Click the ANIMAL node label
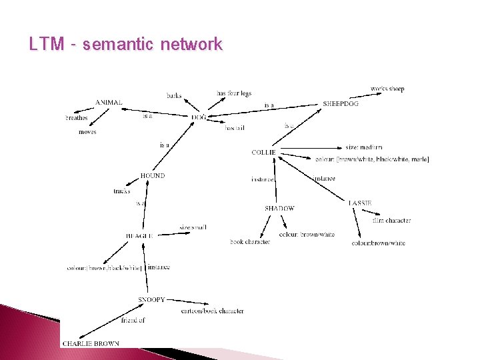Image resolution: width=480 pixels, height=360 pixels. coord(109,102)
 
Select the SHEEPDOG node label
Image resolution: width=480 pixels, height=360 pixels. coord(341,104)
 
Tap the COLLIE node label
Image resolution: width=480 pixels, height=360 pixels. coord(263,153)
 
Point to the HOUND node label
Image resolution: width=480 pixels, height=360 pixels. coord(153,176)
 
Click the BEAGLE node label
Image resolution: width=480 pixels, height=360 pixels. coord(139,236)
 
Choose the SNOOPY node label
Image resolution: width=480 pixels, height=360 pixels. coord(151,300)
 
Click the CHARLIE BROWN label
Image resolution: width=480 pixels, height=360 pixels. coord(91,344)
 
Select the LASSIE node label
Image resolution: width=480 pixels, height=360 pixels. coord(359,203)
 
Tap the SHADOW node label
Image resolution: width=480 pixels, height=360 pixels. coord(279,209)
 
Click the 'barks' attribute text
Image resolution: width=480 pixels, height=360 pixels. coord(174,96)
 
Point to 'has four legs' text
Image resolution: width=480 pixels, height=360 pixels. coord(234,93)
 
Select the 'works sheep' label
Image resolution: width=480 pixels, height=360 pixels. coord(387,89)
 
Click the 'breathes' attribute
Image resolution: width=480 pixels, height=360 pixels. coord(77,118)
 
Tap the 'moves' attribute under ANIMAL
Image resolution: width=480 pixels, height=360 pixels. coord(87,132)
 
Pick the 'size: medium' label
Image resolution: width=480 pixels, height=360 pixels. coord(364,147)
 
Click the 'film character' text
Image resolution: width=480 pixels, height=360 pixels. coord(391,221)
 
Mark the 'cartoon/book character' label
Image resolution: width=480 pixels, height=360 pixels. coord(212,311)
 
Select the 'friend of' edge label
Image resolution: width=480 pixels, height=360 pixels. coord(133,320)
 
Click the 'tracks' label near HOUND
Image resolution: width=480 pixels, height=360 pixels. coord(122,191)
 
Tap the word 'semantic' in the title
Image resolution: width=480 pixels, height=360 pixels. coord(117,45)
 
